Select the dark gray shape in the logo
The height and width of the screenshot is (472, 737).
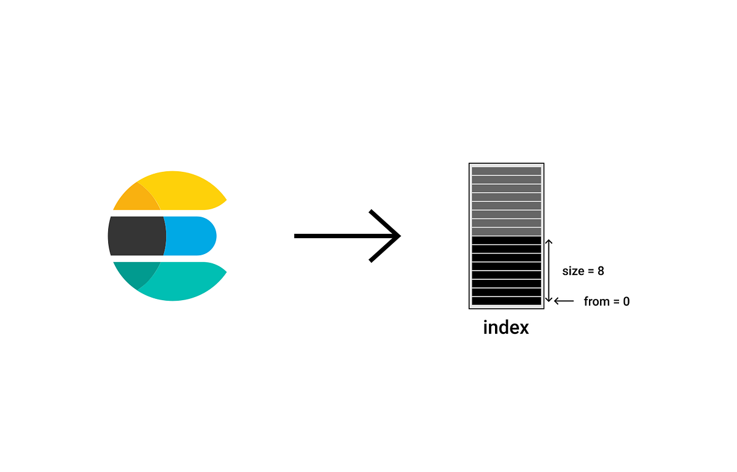tap(136, 236)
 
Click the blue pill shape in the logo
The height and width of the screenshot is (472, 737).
tap(190, 236)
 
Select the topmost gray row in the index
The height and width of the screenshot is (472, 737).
tap(506, 171)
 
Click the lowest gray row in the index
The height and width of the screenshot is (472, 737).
tap(506, 231)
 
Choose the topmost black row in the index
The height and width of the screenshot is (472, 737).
tap(506, 241)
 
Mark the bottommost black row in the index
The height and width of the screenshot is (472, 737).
tap(506, 301)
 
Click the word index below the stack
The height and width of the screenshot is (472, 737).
tap(506, 327)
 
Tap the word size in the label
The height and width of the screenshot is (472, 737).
tap(573, 271)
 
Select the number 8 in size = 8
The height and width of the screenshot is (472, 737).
tap(601, 271)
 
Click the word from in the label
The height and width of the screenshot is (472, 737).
tap(596, 301)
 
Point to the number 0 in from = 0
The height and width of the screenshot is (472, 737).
tap(626, 301)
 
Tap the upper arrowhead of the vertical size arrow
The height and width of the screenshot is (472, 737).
tap(548, 242)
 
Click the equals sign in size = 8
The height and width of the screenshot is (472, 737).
tap(590, 271)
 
